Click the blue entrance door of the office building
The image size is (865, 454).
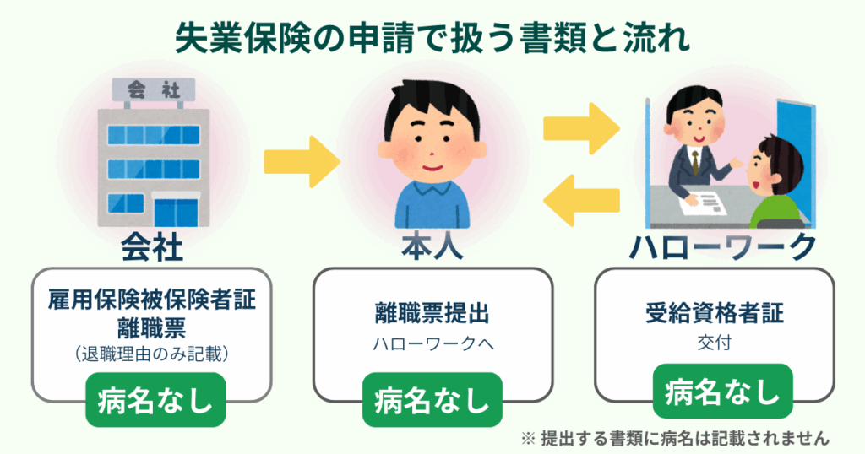pyautogui.click(x=173, y=212)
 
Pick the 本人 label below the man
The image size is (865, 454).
pyautogui.click(x=432, y=246)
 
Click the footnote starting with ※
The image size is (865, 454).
pyautogui.click(x=676, y=438)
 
